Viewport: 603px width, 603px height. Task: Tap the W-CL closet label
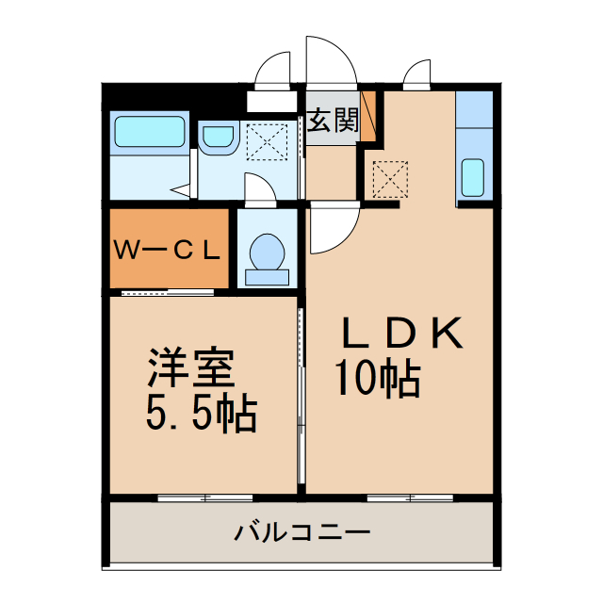[x=168, y=251]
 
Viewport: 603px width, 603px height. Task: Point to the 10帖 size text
[x=377, y=379]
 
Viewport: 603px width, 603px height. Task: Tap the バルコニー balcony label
[x=301, y=533]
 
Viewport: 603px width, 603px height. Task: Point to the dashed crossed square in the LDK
[x=387, y=178]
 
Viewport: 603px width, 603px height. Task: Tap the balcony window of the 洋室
[x=204, y=497]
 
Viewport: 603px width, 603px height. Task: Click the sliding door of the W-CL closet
[x=168, y=292]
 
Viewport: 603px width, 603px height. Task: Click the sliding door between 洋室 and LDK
[x=301, y=396]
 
